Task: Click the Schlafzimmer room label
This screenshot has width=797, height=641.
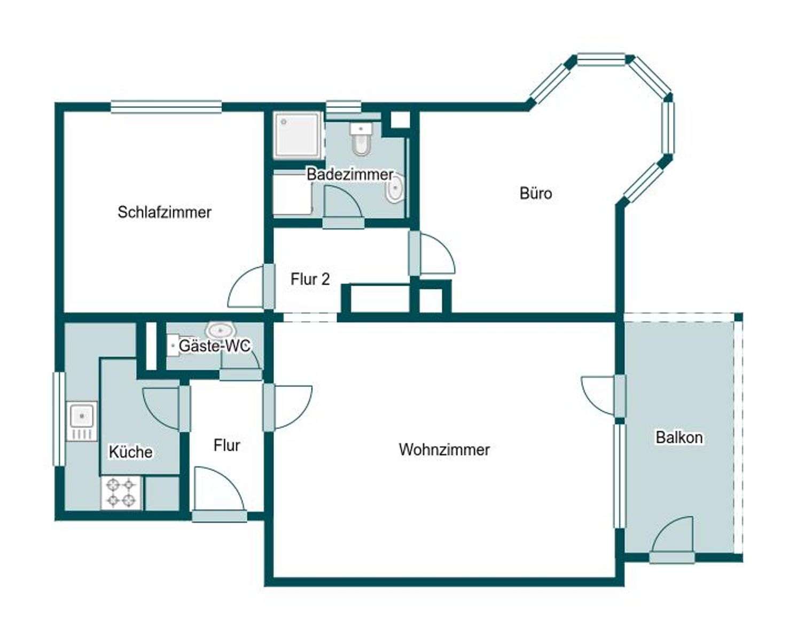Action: (165, 212)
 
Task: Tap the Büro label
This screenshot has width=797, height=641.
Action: (535, 193)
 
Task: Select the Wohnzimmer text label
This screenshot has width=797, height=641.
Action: (444, 449)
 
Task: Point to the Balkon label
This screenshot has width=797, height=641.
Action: (678, 437)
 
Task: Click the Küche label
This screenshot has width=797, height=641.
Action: (130, 452)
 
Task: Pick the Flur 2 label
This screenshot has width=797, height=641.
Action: (310, 279)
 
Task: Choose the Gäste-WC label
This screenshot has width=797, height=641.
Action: (214, 346)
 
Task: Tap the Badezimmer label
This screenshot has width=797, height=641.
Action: (350, 174)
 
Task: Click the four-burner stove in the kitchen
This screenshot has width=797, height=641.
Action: (121, 493)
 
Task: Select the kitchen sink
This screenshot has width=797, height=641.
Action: (82, 421)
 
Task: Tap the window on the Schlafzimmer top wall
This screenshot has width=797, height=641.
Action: (166, 107)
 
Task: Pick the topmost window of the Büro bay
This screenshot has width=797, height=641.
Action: (601, 59)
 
